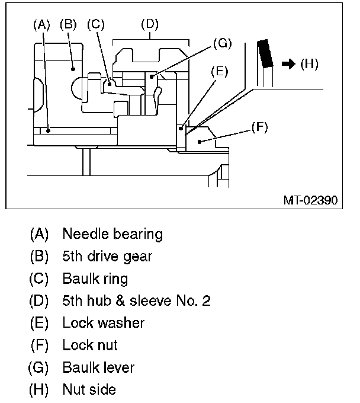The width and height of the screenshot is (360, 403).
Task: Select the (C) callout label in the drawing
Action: pos(95,25)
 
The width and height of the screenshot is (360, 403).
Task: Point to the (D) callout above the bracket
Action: pos(150,25)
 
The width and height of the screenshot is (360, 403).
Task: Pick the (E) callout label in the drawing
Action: pos(219,71)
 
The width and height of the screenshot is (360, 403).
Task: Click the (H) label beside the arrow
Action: pos(309,64)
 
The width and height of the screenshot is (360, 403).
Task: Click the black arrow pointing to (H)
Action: pos(288,64)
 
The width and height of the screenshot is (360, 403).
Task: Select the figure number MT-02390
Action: pos(310,200)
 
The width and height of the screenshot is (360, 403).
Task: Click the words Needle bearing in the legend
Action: pos(112,234)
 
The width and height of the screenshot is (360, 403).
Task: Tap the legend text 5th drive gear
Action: pos(107,257)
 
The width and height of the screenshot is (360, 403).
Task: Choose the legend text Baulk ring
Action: pos(95,279)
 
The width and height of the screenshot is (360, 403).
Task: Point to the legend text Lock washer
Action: pos(103,323)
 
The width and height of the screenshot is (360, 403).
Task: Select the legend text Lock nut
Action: pos(90,345)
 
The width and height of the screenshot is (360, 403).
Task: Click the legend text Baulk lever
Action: pos(98,367)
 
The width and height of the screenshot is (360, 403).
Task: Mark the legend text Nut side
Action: pos(89,389)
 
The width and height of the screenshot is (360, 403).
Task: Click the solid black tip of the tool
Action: pos(264,52)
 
